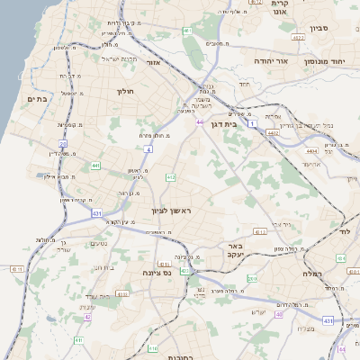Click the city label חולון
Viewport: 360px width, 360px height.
click(125, 91)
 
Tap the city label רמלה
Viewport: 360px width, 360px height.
click(310, 273)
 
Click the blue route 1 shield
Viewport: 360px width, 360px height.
click(254, 121)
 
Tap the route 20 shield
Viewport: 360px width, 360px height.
click(63, 143)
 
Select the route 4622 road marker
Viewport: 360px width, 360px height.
click(298, 38)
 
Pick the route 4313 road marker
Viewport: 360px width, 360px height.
click(259, 231)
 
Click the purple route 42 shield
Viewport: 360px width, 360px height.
click(88, 317)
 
